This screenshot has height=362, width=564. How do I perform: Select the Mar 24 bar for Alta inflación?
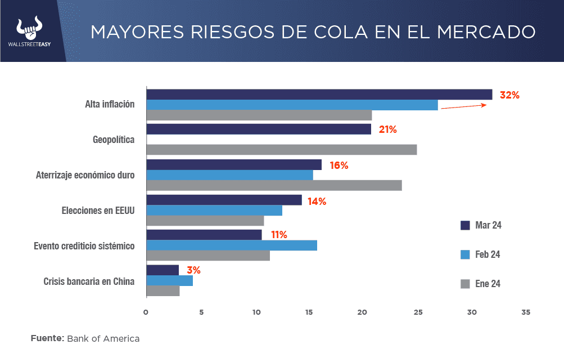(x=319, y=95)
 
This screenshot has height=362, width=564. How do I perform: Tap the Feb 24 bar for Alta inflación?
(x=292, y=105)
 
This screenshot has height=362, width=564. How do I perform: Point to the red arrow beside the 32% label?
(x=463, y=106)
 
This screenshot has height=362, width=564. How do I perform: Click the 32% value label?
(x=509, y=95)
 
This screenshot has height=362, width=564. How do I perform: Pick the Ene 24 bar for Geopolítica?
(x=281, y=149)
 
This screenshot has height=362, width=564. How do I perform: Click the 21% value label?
(x=387, y=129)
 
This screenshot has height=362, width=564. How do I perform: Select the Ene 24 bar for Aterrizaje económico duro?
(x=274, y=185)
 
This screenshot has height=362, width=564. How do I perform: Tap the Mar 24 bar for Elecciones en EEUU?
(x=224, y=200)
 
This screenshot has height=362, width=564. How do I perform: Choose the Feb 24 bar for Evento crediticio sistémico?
(x=231, y=245)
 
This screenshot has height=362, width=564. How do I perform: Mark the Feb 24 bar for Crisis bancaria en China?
(x=169, y=280)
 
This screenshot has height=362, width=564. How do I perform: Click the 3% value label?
(x=193, y=270)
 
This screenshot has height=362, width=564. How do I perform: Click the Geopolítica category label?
(x=113, y=139)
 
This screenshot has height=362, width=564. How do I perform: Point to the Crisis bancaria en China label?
(x=89, y=281)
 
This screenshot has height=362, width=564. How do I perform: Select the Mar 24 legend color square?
(x=465, y=225)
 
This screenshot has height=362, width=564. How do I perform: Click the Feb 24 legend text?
(x=488, y=254)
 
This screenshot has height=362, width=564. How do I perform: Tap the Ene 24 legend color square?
(x=465, y=284)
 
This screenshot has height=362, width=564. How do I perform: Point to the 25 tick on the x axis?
(x=418, y=312)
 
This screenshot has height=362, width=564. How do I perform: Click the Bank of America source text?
(x=103, y=339)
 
